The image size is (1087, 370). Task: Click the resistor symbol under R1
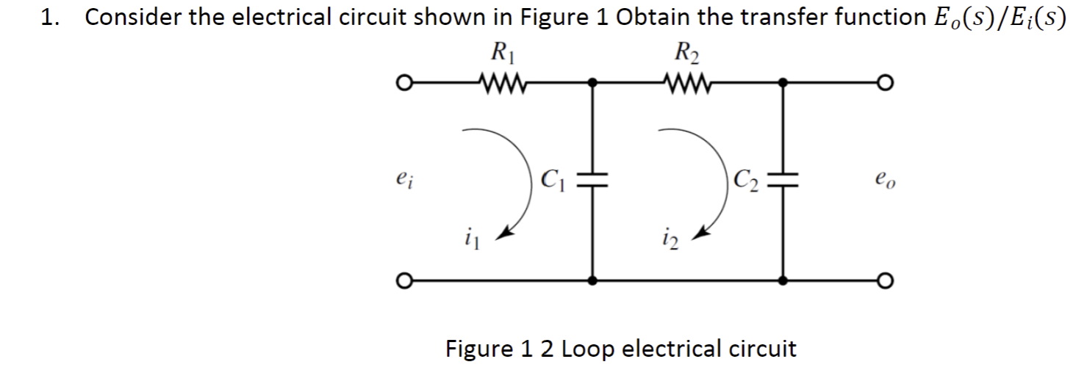click(500, 81)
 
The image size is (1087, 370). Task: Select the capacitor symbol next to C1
click(594, 181)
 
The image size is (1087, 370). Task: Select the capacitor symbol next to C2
click(784, 181)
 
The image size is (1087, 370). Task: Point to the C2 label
click(745, 179)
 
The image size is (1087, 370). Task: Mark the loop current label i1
click(469, 238)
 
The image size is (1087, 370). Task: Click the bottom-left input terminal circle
click(401, 280)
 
